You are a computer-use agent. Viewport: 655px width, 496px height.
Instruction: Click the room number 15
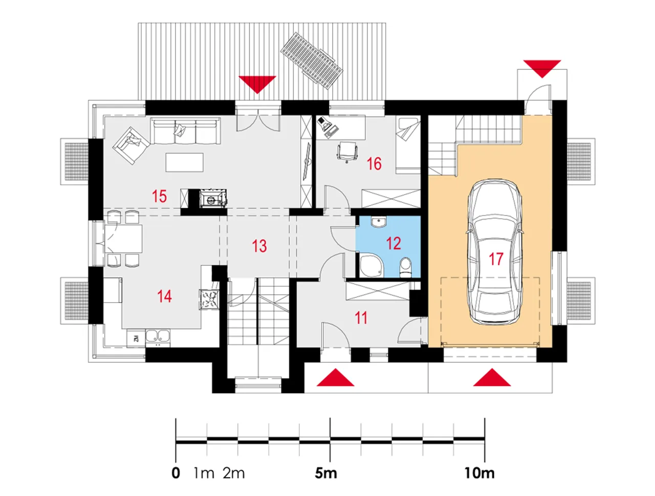click(x=159, y=196)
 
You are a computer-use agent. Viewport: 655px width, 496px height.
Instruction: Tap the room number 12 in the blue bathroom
click(x=393, y=243)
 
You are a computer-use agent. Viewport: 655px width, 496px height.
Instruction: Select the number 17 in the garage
click(x=495, y=259)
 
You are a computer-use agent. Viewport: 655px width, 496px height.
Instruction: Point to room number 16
click(x=374, y=164)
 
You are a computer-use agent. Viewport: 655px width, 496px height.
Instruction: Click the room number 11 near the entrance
click(x=361, y=318)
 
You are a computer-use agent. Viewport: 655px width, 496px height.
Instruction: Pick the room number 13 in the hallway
click(x=259, y=246)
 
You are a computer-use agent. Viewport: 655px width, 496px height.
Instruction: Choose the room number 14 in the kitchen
click(x=164, y=296)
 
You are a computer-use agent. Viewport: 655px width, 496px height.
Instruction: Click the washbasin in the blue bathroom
click(x=379, y=222)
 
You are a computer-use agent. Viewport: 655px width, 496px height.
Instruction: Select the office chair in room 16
click(x=347, y=152)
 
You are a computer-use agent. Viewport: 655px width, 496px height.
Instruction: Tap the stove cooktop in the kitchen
click(x=209, y=299)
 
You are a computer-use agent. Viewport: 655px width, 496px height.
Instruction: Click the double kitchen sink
click(x=158, y=337)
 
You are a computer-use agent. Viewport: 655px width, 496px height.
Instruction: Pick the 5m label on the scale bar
click(x=326, y=473)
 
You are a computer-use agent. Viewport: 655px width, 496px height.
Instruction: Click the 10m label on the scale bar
click(x=479, y=473)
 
